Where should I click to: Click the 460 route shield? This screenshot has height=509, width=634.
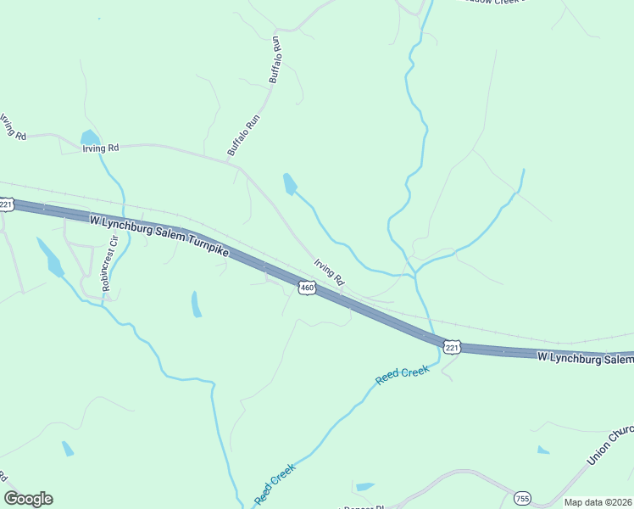[x=307, y=289]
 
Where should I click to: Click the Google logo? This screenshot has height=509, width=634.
[x=28, y=499]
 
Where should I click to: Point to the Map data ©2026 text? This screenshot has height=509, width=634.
[x=598, y=502]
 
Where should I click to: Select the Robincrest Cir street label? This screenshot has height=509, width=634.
[x=109, y=270]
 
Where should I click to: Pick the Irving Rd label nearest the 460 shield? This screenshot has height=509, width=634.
[x=330, y=271]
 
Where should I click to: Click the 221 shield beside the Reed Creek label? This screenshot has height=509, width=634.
[x=452, y=347]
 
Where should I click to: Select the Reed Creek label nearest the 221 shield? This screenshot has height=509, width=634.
[x=404, y=375]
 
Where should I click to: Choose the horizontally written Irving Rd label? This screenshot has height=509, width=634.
[x=100, y=148]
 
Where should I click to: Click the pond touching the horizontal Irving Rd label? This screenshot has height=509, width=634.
[x=89, y=137]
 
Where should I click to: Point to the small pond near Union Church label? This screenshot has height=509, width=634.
[x=542, y=450]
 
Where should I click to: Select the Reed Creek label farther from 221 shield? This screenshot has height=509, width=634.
[x=275, y=482]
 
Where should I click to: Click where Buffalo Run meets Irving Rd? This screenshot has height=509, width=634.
[x=238, y=166]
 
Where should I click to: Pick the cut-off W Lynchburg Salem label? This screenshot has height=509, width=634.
[x=585, y=359]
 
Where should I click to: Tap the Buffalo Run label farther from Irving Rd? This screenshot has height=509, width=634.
[x=275, y=60]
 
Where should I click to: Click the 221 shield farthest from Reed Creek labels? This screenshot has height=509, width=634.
[x=7, y=204]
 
